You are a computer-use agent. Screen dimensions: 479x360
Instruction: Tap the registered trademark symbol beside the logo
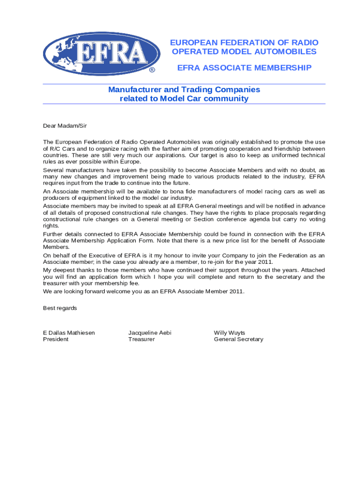152,71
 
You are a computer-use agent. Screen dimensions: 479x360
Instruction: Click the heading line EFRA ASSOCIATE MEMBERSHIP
244,68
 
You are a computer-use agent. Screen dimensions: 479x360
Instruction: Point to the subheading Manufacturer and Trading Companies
184,89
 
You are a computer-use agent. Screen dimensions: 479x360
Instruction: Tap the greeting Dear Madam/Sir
65,126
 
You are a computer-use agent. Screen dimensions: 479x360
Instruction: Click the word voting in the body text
316,219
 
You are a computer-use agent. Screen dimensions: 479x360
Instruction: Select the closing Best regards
60,308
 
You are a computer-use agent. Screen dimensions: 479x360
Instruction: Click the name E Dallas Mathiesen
69,333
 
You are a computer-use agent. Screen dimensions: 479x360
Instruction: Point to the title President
56,339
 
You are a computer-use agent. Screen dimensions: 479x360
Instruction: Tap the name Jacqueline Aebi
150,333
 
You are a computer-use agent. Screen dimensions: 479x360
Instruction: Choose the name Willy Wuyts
230,333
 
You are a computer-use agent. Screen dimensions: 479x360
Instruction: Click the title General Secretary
238,339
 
